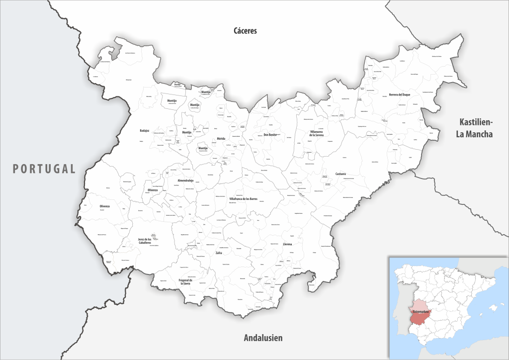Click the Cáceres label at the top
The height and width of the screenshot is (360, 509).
pyautogui.click(x=245, y=31)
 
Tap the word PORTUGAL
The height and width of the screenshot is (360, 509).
pyautogui.click(x=44, y=169)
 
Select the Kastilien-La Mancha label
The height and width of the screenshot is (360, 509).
pyautogui.click(x=476, y=128)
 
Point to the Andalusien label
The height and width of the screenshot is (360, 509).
pyautogui.click(x=263, y=338)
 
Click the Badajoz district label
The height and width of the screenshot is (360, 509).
pyautogui.click(x=148, y=131)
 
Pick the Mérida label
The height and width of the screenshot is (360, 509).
pyautogui.click(x=221, y=139)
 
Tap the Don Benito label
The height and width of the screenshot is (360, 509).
pyautogui.click(x=270, y=135)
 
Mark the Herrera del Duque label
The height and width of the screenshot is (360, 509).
pyautogui.click(x=400, y=94)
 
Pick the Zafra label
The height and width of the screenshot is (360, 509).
pyautogui.click(x=219, y=253)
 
